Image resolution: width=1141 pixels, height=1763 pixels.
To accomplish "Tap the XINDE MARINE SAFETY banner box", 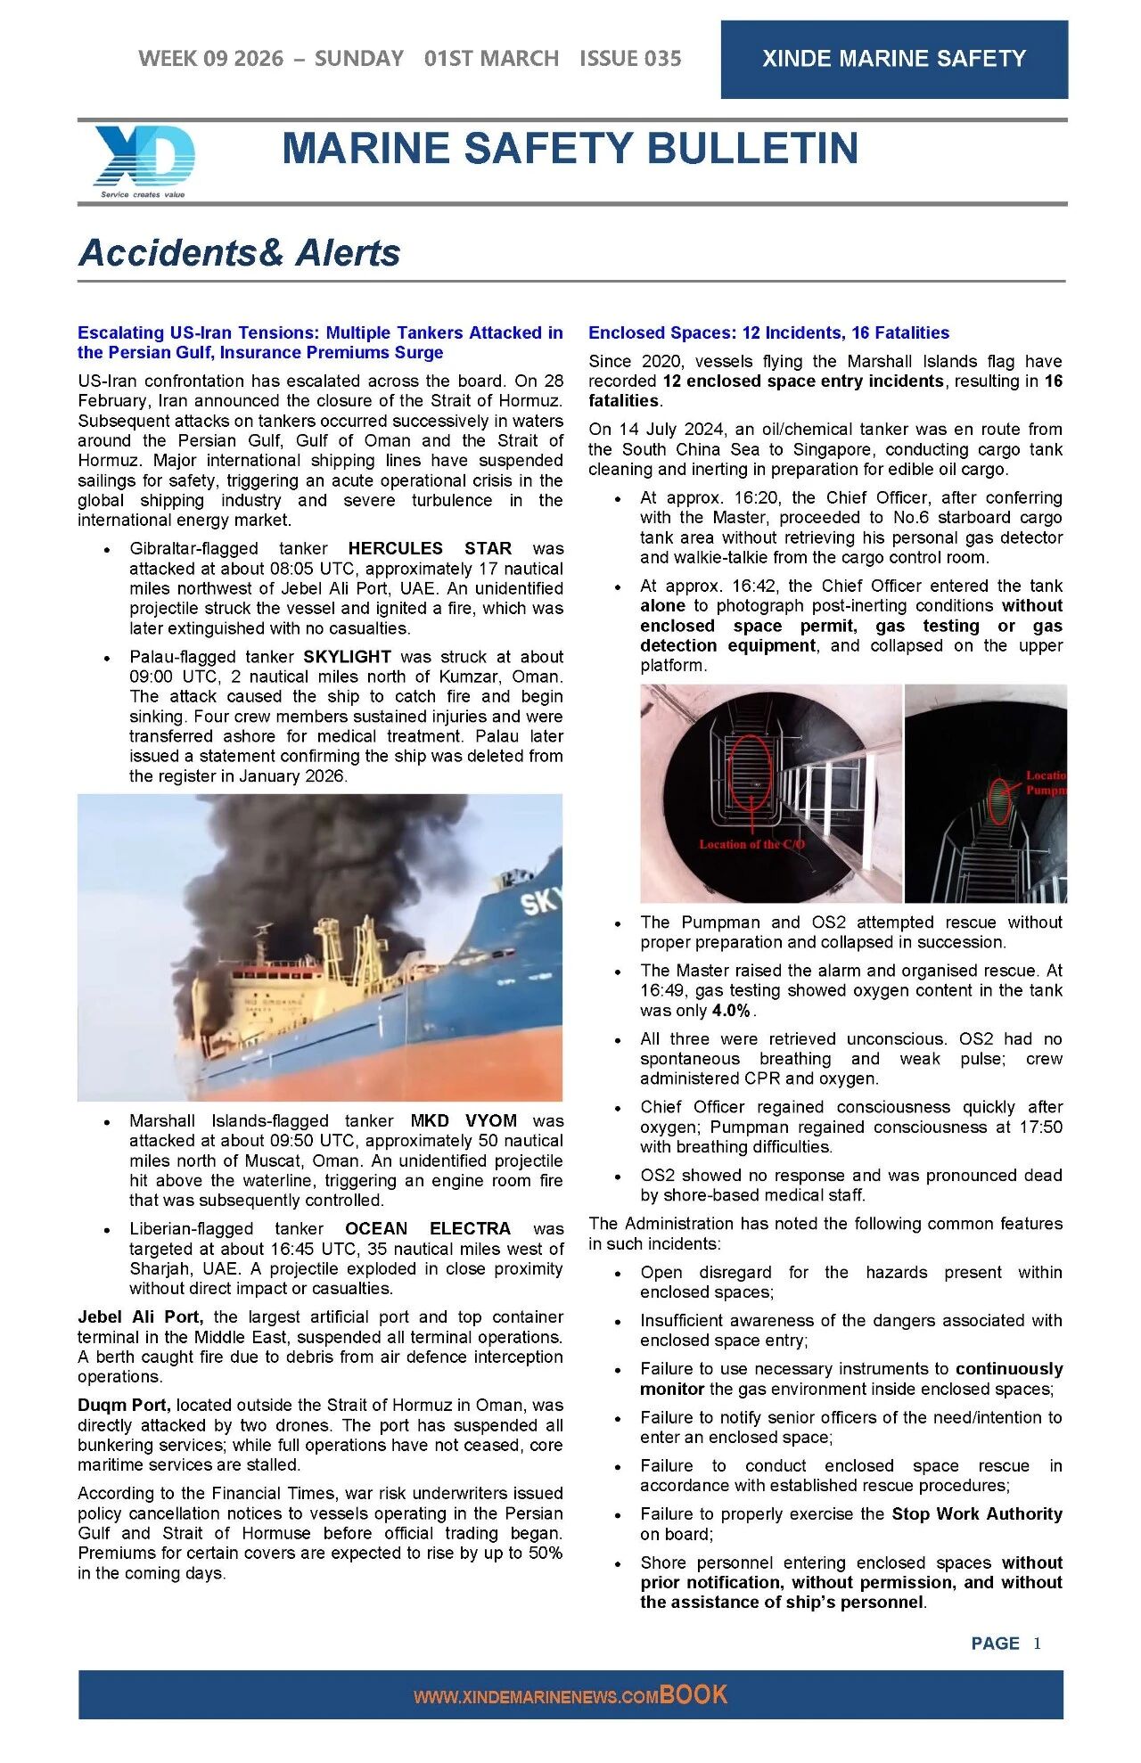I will pyautogui.click(x=893, y=59).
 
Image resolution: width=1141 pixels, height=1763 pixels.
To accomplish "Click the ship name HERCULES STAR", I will pyautogui.click(x=430, y=548).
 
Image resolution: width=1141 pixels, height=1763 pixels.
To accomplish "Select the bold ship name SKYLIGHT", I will pyautogui.click(x=347, y=657).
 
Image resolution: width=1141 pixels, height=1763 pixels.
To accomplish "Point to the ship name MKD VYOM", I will pyautogui.click(x=464, y=1121).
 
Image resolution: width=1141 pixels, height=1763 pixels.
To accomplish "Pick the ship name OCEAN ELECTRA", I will pyautogui.click(x=428, y=1229).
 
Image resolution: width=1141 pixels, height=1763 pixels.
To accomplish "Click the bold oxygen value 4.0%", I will pyautogui.click(x=731, y=1011).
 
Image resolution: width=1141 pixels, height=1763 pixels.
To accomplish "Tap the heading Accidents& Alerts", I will pyautogui.click(x=240, y=253).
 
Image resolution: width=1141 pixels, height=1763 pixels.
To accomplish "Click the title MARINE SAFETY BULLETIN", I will pyautogui.click(x=570, y=149).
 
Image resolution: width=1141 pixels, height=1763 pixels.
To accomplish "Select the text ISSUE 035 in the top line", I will pyautogui.click(x=630, y=59).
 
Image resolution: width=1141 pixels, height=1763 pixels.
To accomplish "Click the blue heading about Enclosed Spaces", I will pyautogui.click(x=768, y=333).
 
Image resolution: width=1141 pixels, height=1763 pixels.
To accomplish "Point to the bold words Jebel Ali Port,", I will pyautogui.click(x=140, y=1317).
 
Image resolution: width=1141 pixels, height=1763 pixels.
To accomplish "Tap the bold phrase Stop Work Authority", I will pyautogui.click(x=977, y=1514).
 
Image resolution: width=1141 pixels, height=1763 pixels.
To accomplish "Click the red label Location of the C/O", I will pyautogui.click(x=751, y=844).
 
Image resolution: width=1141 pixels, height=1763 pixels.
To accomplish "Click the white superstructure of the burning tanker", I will pyautogui.click(x=294, y=989).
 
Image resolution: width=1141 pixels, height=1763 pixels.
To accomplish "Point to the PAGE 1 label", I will pyautogui.click(x=1006, y=1644).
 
